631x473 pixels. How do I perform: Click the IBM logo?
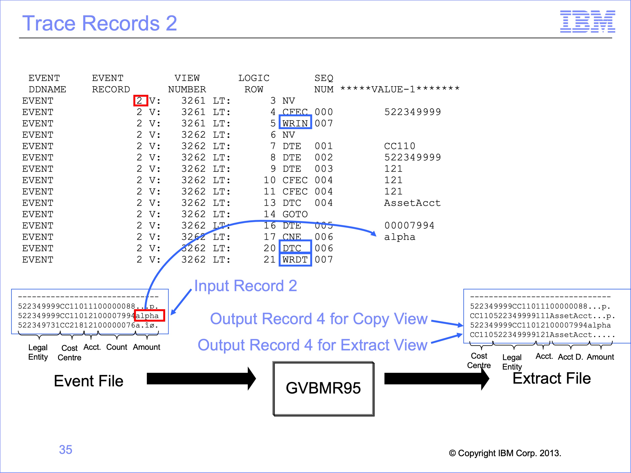click(x=587, y=21)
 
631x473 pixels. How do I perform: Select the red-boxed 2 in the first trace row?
click(x=140, y=101)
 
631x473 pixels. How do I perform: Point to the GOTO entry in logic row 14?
click(x=295, y=214)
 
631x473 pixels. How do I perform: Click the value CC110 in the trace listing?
click(x=400, y=146)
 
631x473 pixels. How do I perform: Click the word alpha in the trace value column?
click(x=400, y=237)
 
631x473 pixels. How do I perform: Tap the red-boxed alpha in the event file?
click(x=149, y=315)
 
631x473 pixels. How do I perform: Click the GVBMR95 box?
click(x=323, y=389)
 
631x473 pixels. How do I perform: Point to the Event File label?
click(x=89, y=381)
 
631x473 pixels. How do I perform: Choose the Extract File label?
click(x=552, y=378)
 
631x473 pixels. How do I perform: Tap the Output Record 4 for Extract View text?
click(x=313, y=345)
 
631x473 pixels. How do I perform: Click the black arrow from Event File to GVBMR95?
click(x=201, y=379)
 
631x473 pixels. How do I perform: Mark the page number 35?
click(x=66, y=450)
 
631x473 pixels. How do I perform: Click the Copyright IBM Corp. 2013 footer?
click(x=505, y=453)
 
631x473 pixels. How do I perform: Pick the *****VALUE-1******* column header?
click(x=400, y=89)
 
